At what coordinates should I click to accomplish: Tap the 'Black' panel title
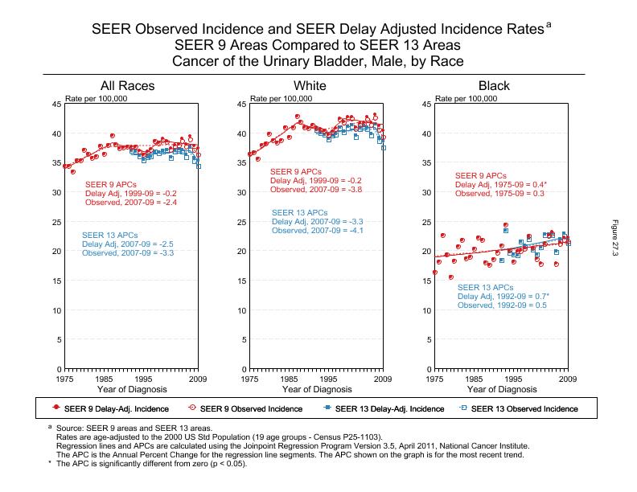pos(494,86)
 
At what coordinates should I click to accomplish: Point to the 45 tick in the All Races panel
pos(55,105)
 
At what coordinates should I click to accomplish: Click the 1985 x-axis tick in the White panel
pos(288,378)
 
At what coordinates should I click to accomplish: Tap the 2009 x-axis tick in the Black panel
pos(567,378)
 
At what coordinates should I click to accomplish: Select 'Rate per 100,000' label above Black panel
pos(466,98)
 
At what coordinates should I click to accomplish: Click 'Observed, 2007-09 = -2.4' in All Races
pos(131,203)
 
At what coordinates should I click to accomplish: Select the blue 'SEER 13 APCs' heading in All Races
pos(109,235)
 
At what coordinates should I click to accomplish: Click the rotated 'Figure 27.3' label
pos(616,240)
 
